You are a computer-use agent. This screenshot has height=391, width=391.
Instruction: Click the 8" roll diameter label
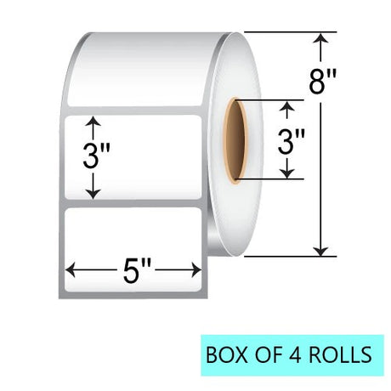click(x=322, y=82)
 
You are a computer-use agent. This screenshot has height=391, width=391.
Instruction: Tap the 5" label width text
click(x=136, y=271)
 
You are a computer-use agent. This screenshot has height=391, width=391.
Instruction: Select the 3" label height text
click(x=96, y=156)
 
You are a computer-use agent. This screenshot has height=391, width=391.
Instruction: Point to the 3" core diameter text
click(x=291, y=141)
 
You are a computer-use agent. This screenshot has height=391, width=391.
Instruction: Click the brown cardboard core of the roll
click(x=235, y=141)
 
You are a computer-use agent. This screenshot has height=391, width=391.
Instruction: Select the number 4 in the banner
click(x=297, y=354)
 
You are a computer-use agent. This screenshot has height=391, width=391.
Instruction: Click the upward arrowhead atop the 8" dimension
click(x=320, y=38)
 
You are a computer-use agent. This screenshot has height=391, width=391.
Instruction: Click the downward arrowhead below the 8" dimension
click(x=320, y=251)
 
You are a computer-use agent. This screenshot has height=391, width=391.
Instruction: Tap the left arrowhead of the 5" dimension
click(x=71, y=269)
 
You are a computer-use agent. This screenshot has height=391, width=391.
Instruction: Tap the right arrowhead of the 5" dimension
click(x=196, y=269)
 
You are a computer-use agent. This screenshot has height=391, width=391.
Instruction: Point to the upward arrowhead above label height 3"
click(x=93, y=121)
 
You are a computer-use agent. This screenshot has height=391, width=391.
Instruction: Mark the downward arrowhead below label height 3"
click(x=93, y=194)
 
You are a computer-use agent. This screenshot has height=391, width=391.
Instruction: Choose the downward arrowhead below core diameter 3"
click(x=287, y=173)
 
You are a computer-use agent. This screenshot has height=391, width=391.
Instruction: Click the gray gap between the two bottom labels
click(x=133, y=203)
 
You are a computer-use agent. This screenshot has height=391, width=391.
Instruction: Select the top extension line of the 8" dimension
click(x=291, y=32)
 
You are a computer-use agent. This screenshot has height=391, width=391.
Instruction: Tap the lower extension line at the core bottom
click(x=269, y=179)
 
